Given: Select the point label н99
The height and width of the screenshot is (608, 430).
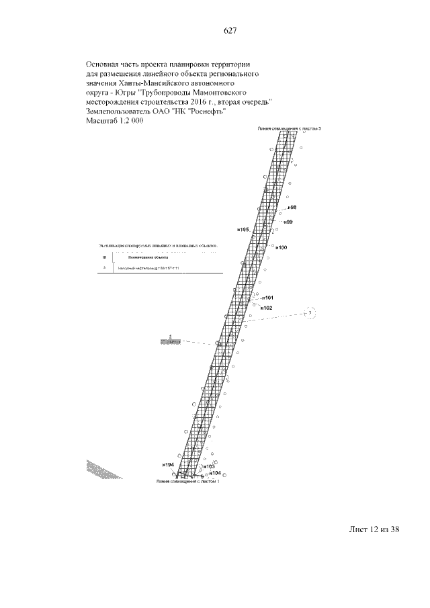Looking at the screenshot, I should (288, 222).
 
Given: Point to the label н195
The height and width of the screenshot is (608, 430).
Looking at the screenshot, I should (243, 230).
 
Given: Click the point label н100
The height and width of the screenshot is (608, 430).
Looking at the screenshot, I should (282, 248).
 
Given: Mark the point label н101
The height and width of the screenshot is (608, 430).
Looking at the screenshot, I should (267, 298).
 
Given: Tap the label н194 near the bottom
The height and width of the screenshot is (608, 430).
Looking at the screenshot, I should (168, 465).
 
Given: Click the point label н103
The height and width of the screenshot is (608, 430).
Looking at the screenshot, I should (208, 466).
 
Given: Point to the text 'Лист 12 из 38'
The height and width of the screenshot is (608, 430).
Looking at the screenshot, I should (374, 529).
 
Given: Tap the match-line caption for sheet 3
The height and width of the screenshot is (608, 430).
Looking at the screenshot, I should (286, 127).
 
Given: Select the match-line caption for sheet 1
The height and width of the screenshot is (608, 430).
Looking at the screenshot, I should (187, 482).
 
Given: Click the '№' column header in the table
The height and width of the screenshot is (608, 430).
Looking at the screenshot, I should (104, 257).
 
